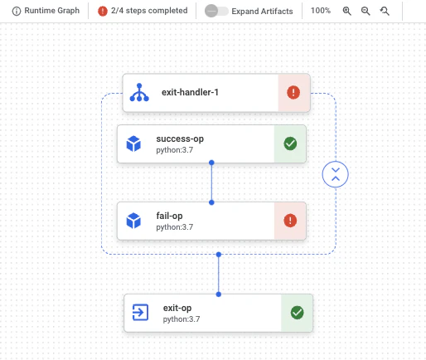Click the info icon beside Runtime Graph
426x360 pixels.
coord(17,11)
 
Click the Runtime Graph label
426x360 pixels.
coord(52,11)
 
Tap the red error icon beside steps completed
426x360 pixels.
coord(103,11)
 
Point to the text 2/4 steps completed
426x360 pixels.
coord(149,11)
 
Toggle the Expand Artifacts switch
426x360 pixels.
coord(216,11)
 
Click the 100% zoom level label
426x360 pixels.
coord(321,11)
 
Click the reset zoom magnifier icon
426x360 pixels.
coord(385,11)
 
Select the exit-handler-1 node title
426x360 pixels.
coord(190,92)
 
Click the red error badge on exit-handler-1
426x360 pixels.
coord(293,92)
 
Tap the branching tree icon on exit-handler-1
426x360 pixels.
coord(139,92)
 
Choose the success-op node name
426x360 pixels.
coord(180,139)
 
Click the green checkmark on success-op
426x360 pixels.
coord(290,144)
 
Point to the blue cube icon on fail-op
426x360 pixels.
coord(133,221)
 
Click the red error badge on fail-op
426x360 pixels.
coord(290,221)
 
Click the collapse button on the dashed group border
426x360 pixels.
coord(336,174)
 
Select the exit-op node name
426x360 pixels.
coord(177,308)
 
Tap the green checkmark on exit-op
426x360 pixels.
coord(297,313)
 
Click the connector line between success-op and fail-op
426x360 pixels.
coord(211,182)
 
